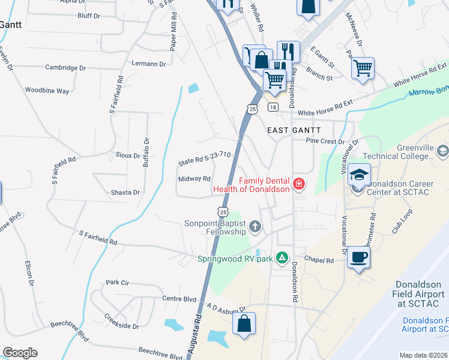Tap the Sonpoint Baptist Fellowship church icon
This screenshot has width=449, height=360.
(255, 227)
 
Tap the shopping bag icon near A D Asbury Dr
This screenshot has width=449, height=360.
(244, 324)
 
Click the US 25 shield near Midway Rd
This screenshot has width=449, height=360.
(223, 211)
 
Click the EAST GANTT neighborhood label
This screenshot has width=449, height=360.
(294, 130)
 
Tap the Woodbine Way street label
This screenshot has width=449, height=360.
(47, 91)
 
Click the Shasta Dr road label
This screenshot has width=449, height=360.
(124, 193)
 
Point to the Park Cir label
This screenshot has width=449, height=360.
(118, 282)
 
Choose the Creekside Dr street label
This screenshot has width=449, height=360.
(121, 319)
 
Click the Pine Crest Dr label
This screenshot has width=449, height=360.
(325, 142)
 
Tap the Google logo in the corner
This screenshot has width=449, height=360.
(20, 353)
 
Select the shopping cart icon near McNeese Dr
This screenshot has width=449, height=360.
(363, 68)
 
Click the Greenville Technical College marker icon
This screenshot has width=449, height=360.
(443, 150)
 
